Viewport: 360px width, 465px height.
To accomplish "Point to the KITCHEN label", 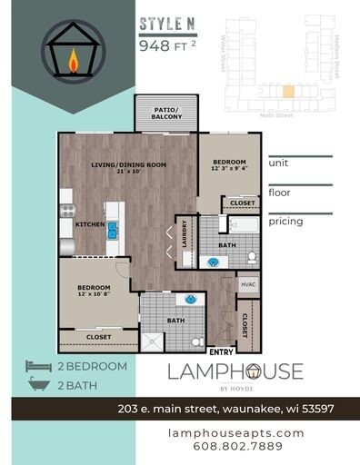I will pos(89,223).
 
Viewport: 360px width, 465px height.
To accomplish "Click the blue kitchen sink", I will pos(113,230).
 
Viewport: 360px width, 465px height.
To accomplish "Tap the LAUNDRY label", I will pos(185,236).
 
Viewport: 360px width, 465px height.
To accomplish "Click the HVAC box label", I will pos(248,284).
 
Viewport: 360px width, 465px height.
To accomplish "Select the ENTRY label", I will pos(220,351).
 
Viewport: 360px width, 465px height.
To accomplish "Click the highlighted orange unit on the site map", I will pos(288,91).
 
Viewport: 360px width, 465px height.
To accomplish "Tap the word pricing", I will pos(285,221).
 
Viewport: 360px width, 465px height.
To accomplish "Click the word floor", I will pos(278,193).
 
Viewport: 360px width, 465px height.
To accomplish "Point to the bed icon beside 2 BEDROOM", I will pos(39,366).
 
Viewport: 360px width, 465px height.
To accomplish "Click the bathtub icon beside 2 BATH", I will pos(39,384).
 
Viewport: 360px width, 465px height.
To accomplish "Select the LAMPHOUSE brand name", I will pos(235,371).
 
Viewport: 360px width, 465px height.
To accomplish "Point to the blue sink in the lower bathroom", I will pos(191,298).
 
